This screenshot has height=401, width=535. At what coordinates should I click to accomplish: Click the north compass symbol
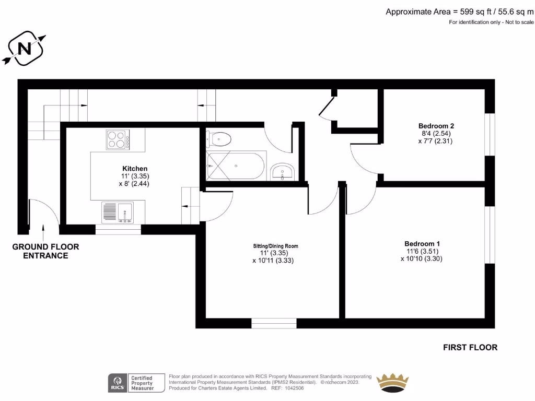(24, 49)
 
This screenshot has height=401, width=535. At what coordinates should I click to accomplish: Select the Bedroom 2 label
(436, 126)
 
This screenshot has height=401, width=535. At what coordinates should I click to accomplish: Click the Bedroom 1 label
(422, 244)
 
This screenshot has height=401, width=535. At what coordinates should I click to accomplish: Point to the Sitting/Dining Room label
(273, 246)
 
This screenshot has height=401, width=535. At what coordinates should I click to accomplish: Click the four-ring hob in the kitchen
(118, 140)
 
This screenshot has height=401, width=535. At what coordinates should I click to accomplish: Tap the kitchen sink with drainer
(118, 213)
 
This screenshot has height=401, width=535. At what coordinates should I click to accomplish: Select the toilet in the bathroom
(219, 138)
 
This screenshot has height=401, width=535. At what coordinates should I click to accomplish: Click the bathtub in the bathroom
(236, 166)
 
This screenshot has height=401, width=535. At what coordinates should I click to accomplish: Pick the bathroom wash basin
(283, 171)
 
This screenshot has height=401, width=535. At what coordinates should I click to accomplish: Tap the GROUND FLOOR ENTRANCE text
(45, 251)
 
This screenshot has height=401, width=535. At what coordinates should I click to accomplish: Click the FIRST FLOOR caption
(470, 347)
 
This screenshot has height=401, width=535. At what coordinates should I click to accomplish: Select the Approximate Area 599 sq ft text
(460, 11)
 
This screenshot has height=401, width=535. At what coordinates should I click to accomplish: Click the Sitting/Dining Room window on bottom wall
(274, 323)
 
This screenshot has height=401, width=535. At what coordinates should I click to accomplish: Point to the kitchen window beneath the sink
(118, 229)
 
